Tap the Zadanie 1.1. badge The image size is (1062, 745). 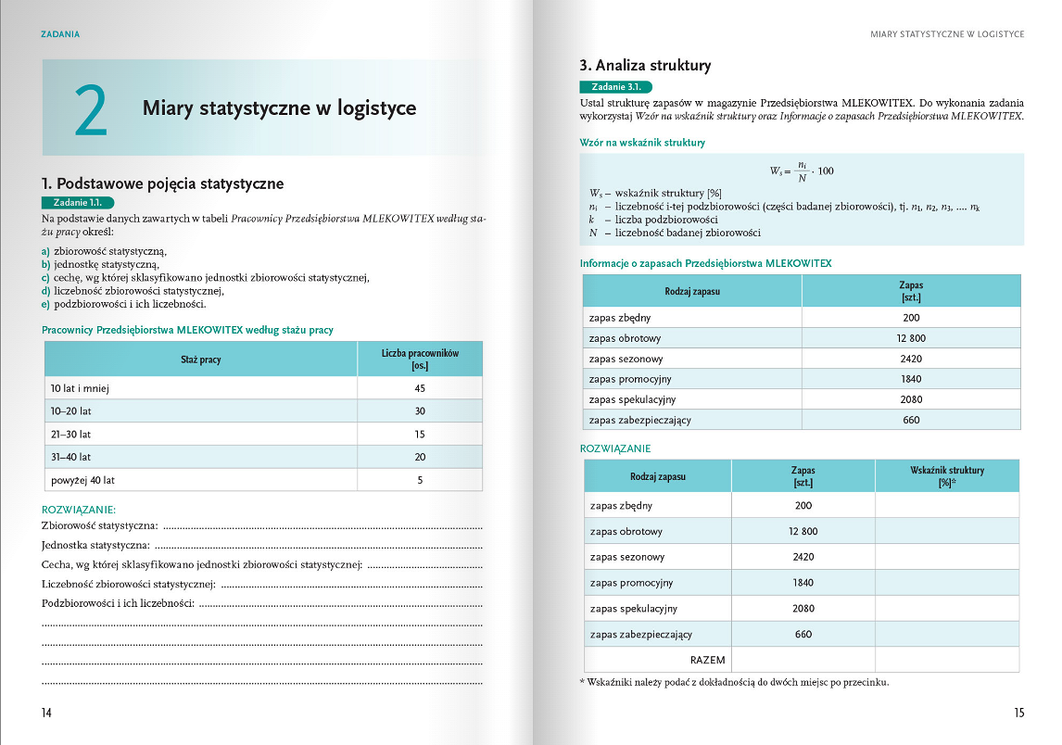[77, 202]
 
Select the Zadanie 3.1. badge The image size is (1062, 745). [615, 86]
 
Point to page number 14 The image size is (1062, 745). [46, 713]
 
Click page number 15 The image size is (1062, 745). [1018, 713]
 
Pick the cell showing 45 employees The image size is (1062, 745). [420, 388]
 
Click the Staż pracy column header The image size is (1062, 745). [201, 359]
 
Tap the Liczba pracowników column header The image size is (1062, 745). [420, 359]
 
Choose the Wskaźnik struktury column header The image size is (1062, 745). [946, 476]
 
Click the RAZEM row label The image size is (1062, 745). [708, 660]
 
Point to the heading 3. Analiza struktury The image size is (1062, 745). [645, 66]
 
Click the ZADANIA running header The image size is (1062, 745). [60, 34]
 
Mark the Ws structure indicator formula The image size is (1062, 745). [802, 170]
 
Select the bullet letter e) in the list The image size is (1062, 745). [46, 304]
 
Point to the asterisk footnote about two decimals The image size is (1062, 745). [733, 683]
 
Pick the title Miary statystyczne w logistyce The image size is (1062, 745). [279, 108]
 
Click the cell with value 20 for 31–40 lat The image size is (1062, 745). [420, 457]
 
